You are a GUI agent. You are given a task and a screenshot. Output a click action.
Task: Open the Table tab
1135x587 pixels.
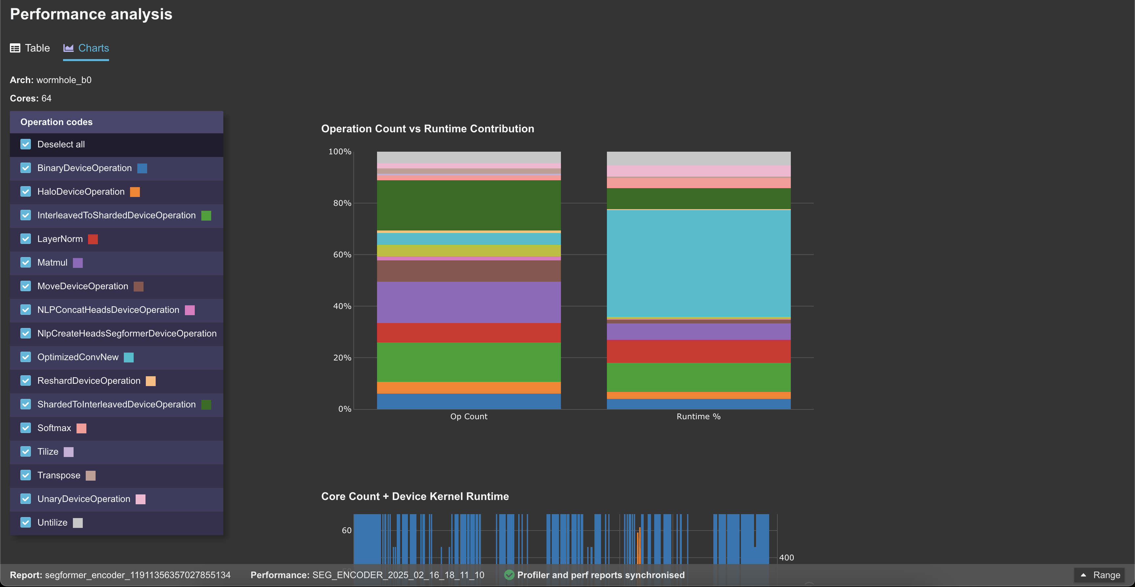point(30,48)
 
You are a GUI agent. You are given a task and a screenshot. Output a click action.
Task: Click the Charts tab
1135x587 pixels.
point(86,48)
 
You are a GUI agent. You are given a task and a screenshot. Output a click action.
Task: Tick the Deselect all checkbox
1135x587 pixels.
point(26,144)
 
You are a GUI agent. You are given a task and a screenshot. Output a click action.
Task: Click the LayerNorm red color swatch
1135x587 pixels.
point(93,239)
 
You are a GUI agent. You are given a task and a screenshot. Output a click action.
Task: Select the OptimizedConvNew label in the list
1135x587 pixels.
point(78,357)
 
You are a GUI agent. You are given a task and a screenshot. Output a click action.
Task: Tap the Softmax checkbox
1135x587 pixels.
point(26,428)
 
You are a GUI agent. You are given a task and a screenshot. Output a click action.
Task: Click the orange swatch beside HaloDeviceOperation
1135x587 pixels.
point(135,192)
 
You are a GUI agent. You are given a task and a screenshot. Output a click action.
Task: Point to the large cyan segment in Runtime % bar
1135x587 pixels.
point(698,263)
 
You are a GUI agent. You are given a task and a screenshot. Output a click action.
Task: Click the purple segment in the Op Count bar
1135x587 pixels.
point(468,302)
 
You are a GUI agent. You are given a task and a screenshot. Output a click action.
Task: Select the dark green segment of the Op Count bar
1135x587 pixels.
point(468,205)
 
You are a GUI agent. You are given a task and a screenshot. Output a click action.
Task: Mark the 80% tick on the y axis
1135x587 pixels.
point(342,203)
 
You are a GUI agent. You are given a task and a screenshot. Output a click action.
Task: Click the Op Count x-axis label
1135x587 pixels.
point(468,417)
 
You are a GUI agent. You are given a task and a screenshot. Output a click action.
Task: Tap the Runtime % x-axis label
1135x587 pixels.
point(698,417)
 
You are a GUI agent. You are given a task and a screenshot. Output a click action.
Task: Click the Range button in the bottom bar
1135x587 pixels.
point(1101,575)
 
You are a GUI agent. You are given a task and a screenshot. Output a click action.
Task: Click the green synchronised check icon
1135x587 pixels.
point(509,575)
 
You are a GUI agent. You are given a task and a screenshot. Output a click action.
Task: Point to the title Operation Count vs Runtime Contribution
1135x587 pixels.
point(427,129)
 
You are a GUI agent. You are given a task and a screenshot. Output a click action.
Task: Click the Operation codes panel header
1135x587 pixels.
point(116,122)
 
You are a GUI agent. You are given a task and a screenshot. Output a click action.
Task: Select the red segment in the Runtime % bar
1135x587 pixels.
point(698,351)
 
